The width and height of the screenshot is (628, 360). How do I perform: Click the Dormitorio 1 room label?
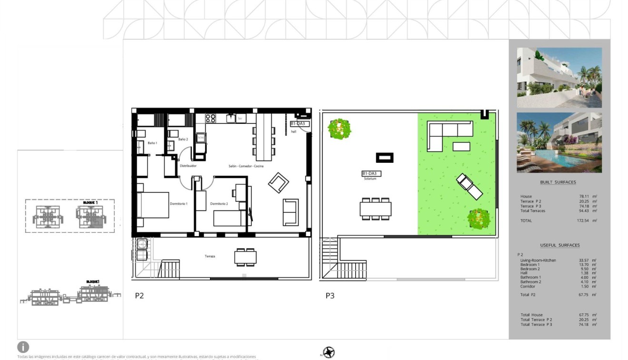click(179, 204)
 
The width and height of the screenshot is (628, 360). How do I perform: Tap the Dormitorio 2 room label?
click(219, 204)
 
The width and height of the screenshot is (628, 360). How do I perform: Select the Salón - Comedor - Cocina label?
click(245, 166)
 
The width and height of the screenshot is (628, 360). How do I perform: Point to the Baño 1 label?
click(152, 143)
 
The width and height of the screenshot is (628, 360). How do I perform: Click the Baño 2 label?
click(183, 139)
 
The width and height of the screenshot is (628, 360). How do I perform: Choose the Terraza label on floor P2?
click(210, 256)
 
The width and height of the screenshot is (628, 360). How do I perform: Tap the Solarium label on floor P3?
click(370, 179)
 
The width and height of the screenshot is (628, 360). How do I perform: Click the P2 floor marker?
click(139, 296)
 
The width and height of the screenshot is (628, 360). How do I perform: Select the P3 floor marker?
click(330, 296)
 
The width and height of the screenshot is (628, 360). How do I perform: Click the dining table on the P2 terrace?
click(245, 257)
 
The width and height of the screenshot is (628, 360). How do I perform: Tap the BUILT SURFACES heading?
click(558, 182)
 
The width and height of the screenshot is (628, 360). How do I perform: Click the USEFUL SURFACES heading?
click(559, 245)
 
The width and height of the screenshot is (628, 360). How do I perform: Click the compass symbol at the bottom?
click(329, 352)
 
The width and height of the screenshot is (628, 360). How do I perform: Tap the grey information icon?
click(23, 347)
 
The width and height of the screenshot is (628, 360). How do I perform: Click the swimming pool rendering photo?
click(559, 142)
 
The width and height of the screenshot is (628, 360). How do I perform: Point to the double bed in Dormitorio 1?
click(153, 205)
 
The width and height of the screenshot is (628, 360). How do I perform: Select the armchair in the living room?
click(278, 183)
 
